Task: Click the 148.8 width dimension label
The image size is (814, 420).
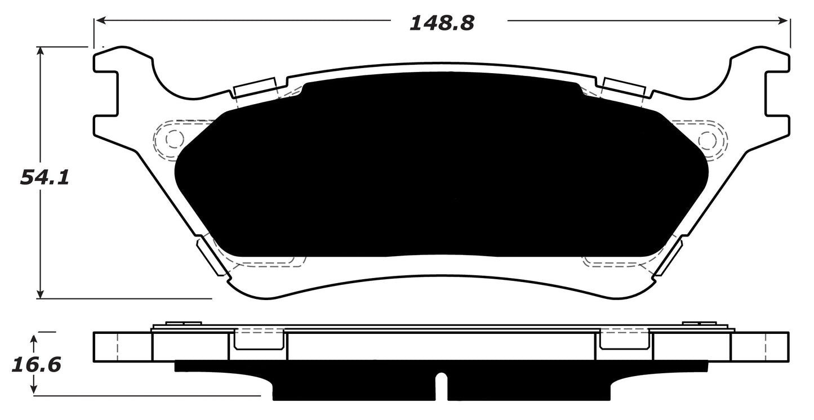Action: (x=442, y=23)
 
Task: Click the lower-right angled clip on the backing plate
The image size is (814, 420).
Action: (x=668, y=256)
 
